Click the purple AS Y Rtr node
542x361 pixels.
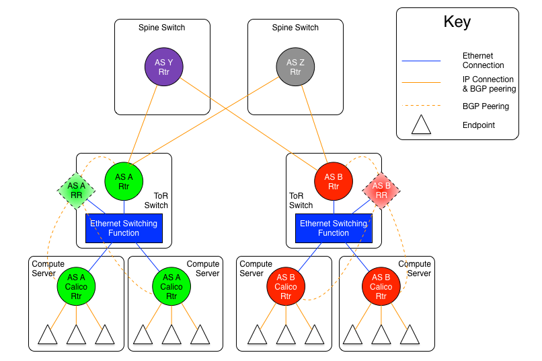164,67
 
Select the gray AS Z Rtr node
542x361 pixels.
295,67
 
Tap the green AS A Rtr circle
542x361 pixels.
124,182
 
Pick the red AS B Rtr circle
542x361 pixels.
334,182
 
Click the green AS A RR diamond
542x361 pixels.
76,191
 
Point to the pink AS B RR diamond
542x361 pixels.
381,191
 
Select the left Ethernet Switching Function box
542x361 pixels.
124,228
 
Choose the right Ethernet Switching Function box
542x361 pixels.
334,228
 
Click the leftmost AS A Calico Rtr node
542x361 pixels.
76,286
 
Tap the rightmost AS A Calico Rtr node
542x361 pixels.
171,286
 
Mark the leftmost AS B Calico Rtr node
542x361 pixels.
286,286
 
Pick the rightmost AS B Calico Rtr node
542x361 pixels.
381,286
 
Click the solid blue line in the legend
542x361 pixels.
421,61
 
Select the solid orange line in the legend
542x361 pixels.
421,83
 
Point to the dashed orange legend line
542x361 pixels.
421,106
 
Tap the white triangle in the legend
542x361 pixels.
421,126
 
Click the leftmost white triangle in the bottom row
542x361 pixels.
48,336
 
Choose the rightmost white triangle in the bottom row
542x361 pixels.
410,336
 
